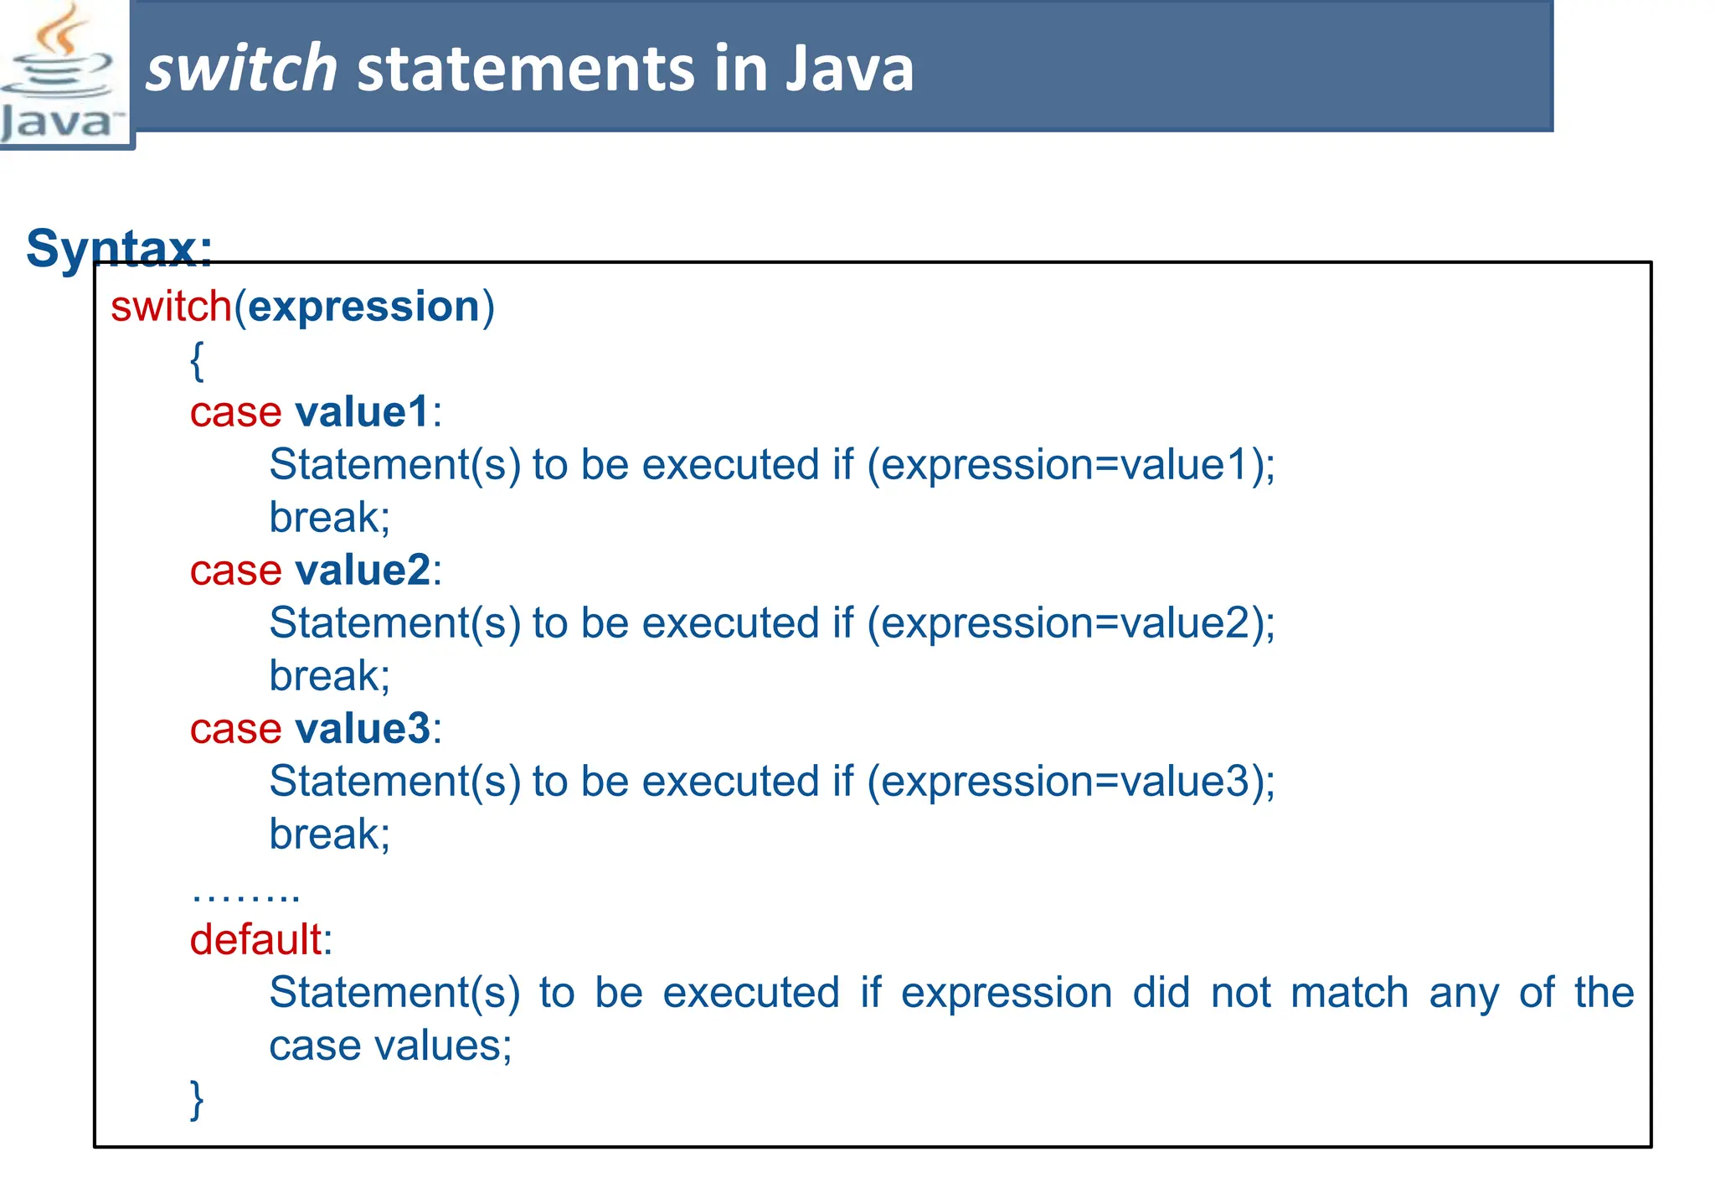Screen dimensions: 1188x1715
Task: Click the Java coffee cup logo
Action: coord(60,74)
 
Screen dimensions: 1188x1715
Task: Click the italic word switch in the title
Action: coord(241,69)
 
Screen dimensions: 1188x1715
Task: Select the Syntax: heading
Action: coord(119,248)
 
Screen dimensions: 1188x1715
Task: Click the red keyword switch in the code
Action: coord(171,307)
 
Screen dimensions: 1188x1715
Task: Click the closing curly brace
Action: coord(197,1099)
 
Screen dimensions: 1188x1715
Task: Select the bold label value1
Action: coord(363,412)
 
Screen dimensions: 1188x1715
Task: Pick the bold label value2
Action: coord(363,571)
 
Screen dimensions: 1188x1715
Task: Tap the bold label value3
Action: coord(363,729)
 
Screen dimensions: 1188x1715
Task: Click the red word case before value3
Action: coord(235,729)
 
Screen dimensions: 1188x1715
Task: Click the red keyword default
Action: coord(255,940)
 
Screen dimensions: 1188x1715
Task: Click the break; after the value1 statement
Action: coord(329,518)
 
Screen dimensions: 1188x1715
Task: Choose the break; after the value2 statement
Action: coord(329,676)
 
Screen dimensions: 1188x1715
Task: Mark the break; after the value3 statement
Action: coord(329,834)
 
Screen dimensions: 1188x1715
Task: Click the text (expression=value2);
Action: coord(1070,624)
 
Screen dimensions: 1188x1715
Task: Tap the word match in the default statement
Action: coord(1349,994)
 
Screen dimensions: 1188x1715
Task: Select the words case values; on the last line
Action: coord(390,1046)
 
